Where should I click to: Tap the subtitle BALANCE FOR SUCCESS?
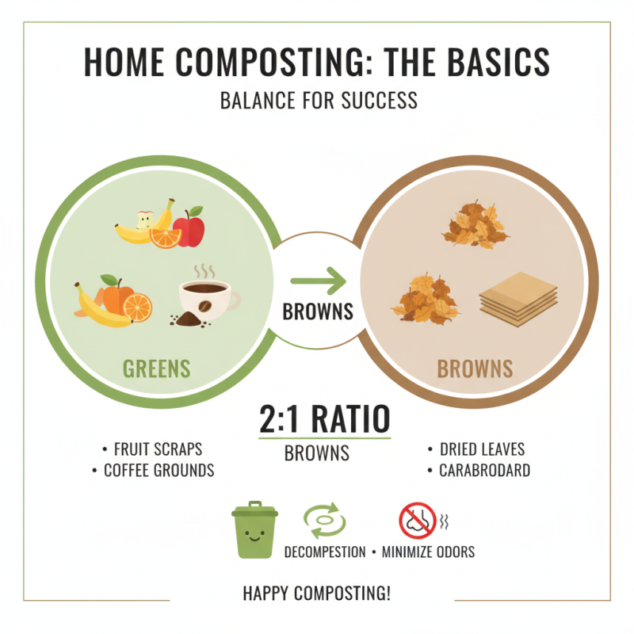point(318,102)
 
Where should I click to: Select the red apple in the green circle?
point(189,228)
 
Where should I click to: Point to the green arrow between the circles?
point(318,280)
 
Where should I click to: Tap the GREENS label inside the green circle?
point(156,369)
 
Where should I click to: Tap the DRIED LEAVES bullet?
point(481,449)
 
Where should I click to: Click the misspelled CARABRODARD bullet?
point(484,471)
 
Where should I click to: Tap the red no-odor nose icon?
point(417,521)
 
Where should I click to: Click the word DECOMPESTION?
point(325,552)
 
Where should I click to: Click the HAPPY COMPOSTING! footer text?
point(316,594)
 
